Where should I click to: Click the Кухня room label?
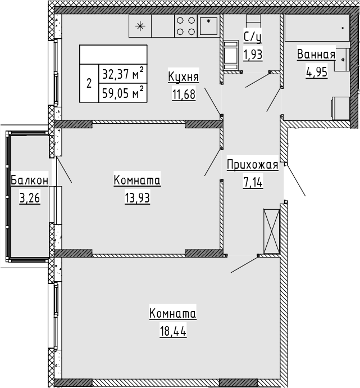[x=184, y=78]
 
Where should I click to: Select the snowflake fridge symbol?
[x=140, y=26]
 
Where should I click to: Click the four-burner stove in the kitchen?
[x=186, y=26]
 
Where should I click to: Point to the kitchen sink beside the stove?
[x=209, y=26]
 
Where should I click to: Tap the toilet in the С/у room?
[x=231, y=55]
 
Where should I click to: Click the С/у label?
[x=253, y=38]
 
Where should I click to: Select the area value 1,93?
[x=253, y=55]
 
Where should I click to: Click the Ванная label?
[x=316, y=55]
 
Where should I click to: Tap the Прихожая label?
[x=253, y=165]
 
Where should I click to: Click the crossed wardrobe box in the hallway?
[x=271, y=231]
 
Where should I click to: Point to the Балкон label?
[x=29, y=181]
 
